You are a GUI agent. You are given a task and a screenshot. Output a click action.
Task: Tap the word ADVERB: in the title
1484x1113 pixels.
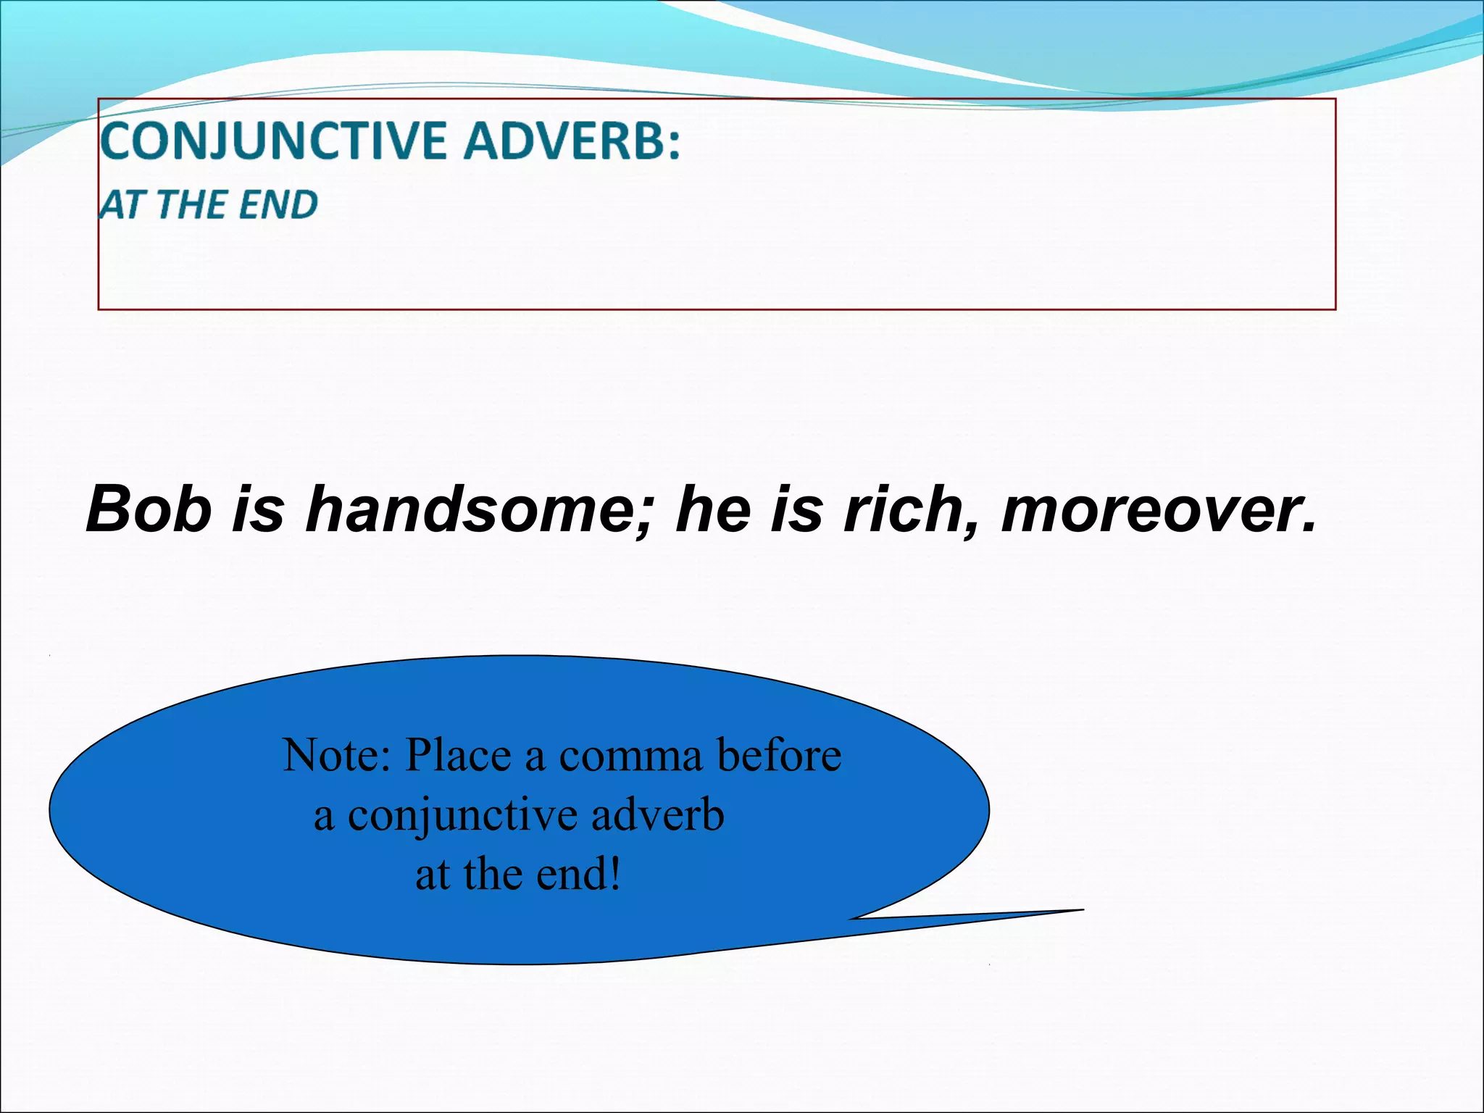pyautogui.click(x=572, y=141)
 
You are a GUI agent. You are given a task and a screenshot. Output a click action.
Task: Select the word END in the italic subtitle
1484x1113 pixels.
pyautogui.click(x=278, y=205)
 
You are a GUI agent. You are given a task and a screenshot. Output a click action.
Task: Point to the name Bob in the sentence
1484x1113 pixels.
pyautogui.click(x=149, y=509)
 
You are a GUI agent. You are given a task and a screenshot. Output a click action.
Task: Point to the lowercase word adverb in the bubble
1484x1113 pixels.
pyautogui.click(x=657, y=815)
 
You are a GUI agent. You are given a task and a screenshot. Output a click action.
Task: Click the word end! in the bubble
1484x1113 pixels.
pyautogui.click(x=578, y=875)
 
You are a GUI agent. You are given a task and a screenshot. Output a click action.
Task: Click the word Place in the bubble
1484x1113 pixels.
pyautogui.click(x=458, y=756)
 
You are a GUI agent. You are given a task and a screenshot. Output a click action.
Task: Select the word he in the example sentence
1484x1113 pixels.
pyautogui.click(x=710, y=509)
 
